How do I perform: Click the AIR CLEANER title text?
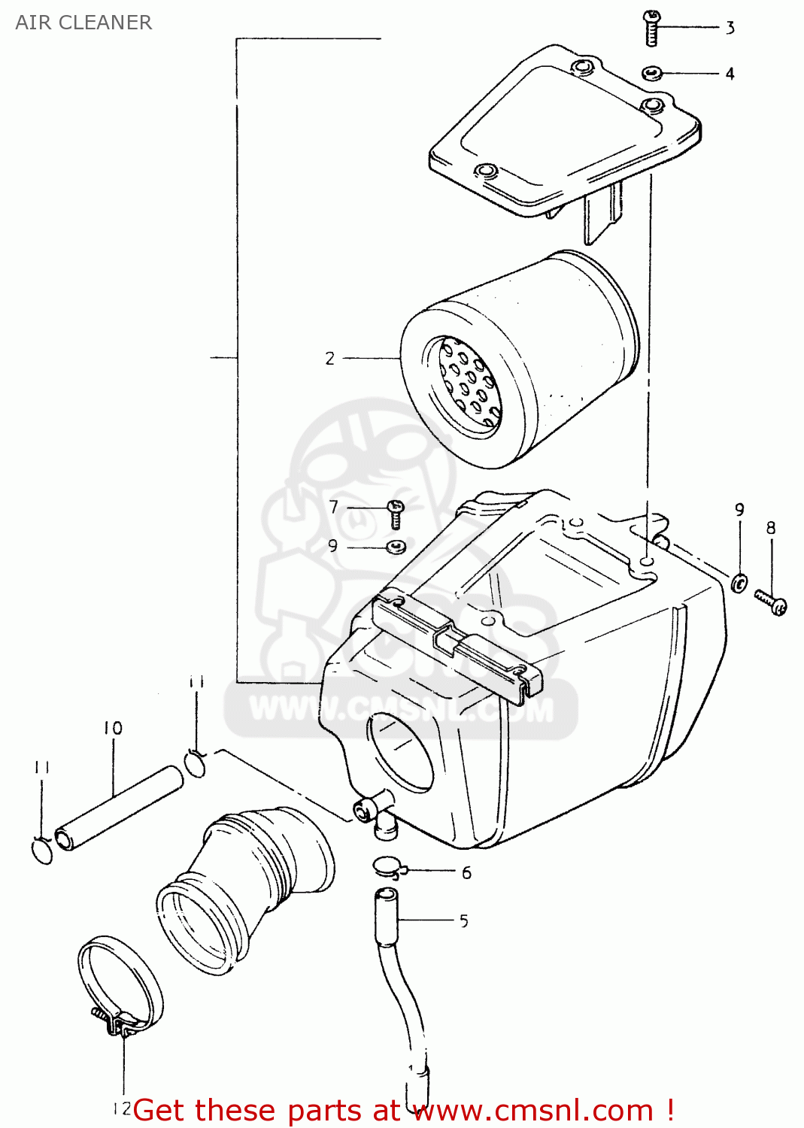[83, 23]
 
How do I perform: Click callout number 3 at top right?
[730, 29]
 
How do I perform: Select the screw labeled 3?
[651, 28]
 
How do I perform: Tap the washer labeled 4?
[651, 73]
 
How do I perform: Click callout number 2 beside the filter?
[329, 359]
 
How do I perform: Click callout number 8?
[771, 529]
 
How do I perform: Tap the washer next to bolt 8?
[739, 581]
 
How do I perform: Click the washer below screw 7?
[396, 547]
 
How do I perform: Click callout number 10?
[113, 728]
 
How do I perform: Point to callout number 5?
[464, 921]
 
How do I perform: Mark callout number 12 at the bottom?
[121, 1108]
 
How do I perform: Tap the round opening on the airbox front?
[402, 753]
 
